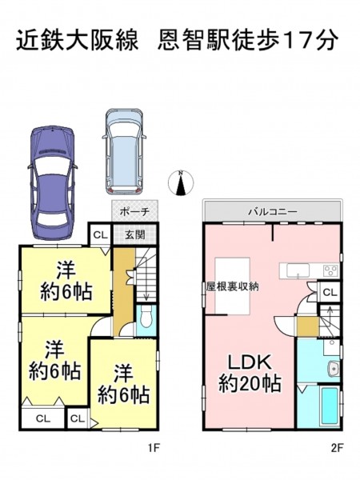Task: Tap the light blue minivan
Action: [124, 151]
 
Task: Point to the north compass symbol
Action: [181, 183]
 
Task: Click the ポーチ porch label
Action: [134, 211]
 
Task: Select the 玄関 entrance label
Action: [135, 234]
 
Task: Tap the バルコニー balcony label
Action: [273, 211]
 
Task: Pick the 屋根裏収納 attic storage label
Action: [232, 286]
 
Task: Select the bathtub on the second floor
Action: [330, 406]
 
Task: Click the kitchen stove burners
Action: [330, 271]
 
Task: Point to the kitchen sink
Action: [298, 271]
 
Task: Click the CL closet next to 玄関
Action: [101, 234]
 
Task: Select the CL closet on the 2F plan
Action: [330, 292]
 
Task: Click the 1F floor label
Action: [154, 448]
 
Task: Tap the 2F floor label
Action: [337, 448]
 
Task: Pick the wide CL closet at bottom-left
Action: [43, 418]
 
